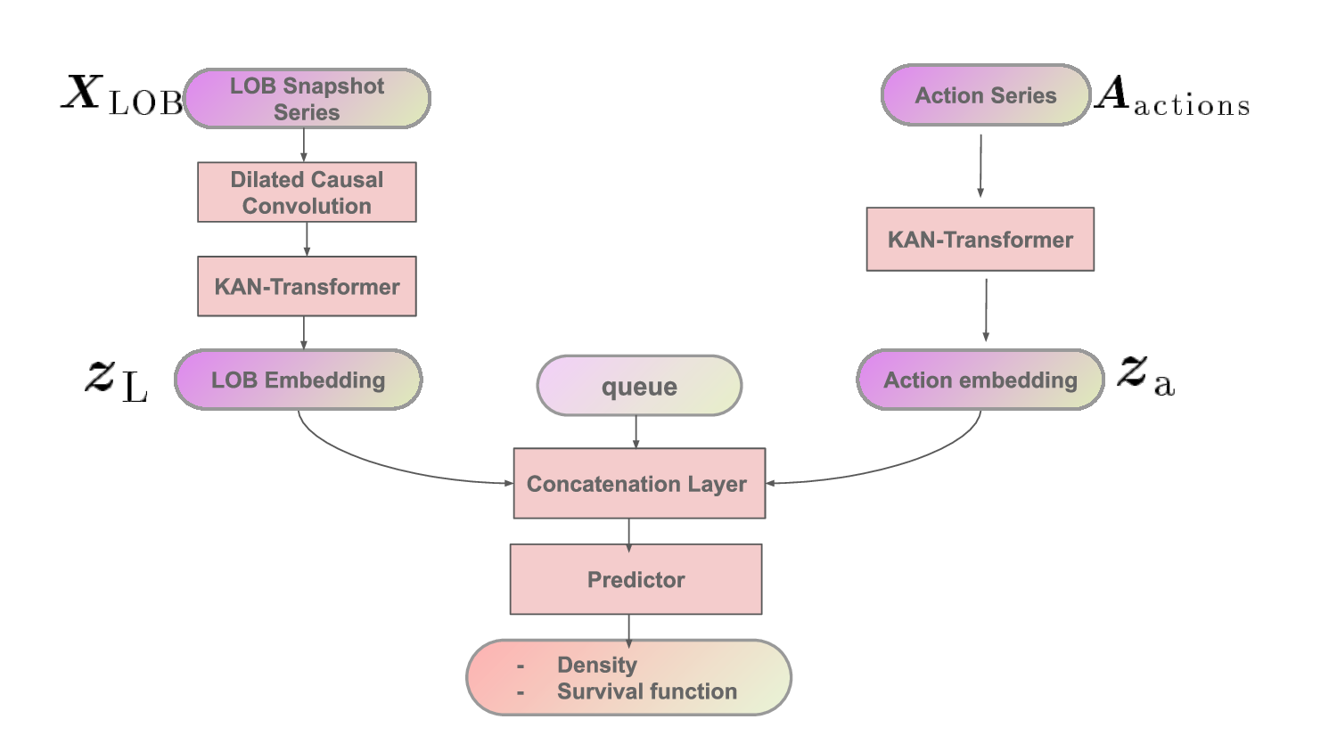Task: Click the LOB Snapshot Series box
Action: tap(307, 99)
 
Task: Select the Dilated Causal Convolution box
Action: tap(307, 192)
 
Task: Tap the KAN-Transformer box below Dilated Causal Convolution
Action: tap(307, 286)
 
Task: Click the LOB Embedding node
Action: tap(298, 380)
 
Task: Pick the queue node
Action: tap(639, 386)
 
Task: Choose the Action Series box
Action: tap(986, 95)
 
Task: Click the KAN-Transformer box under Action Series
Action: tap(980, 240)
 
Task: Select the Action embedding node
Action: tap(980, 380)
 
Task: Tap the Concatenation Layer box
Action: tap(638, 483)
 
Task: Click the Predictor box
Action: tap(636, 579)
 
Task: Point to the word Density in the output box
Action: tap(597, 665)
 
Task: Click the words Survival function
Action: tap(647, 691)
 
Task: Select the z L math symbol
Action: tap(117, 379)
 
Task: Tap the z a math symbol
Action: tap(1146, 374)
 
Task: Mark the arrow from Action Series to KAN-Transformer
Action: tap(980, 166)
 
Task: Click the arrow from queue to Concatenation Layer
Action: tap(636, 431)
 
